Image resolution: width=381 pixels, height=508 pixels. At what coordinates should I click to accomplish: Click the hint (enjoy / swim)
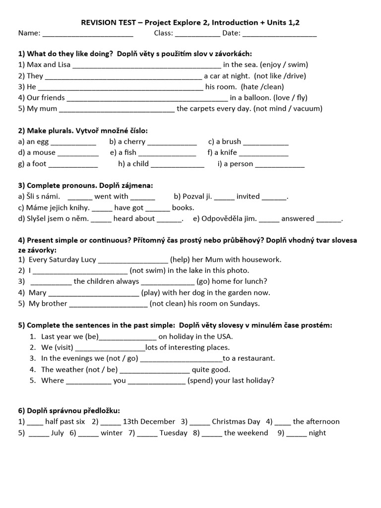pos(284,64)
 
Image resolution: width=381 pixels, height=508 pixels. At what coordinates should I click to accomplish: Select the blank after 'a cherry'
pos(172,142)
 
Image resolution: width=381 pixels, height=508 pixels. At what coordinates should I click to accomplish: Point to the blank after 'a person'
pos(280,164)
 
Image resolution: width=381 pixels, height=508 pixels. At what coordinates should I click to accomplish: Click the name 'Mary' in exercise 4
pos(38,293)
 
